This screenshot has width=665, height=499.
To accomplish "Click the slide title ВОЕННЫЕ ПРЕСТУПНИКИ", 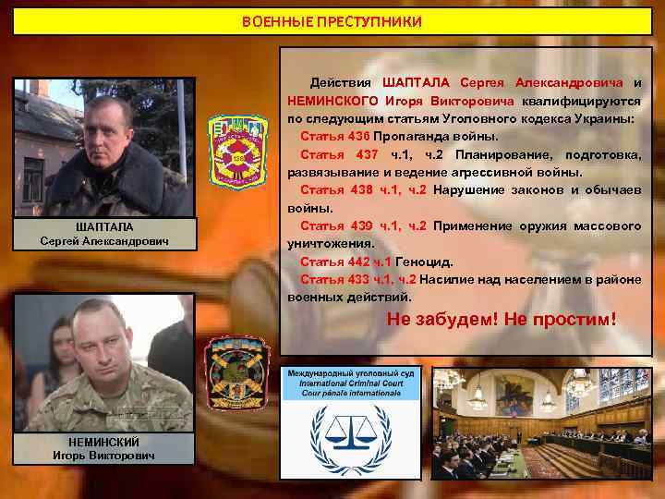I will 332,21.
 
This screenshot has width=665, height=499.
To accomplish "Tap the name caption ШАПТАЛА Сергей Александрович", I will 103,235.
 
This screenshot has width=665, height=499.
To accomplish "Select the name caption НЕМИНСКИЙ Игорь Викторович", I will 103,448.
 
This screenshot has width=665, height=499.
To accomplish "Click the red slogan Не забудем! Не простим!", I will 502,320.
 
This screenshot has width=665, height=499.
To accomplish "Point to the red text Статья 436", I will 328,137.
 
